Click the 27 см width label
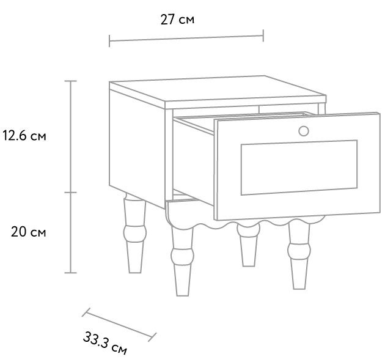point(177,20)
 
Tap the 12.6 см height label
point(24,136)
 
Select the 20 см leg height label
point(28,232)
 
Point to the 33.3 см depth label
point(105,343)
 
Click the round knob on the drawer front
point(304,131)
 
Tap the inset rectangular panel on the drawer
point(299,168)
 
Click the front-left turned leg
point(183,260)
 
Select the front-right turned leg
point(299,256)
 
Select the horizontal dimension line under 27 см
point(186,38)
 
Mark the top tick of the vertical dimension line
point(71,81)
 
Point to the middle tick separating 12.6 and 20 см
point(71,193)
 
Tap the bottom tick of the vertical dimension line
point(71,273)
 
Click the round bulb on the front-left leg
point(183,256)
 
